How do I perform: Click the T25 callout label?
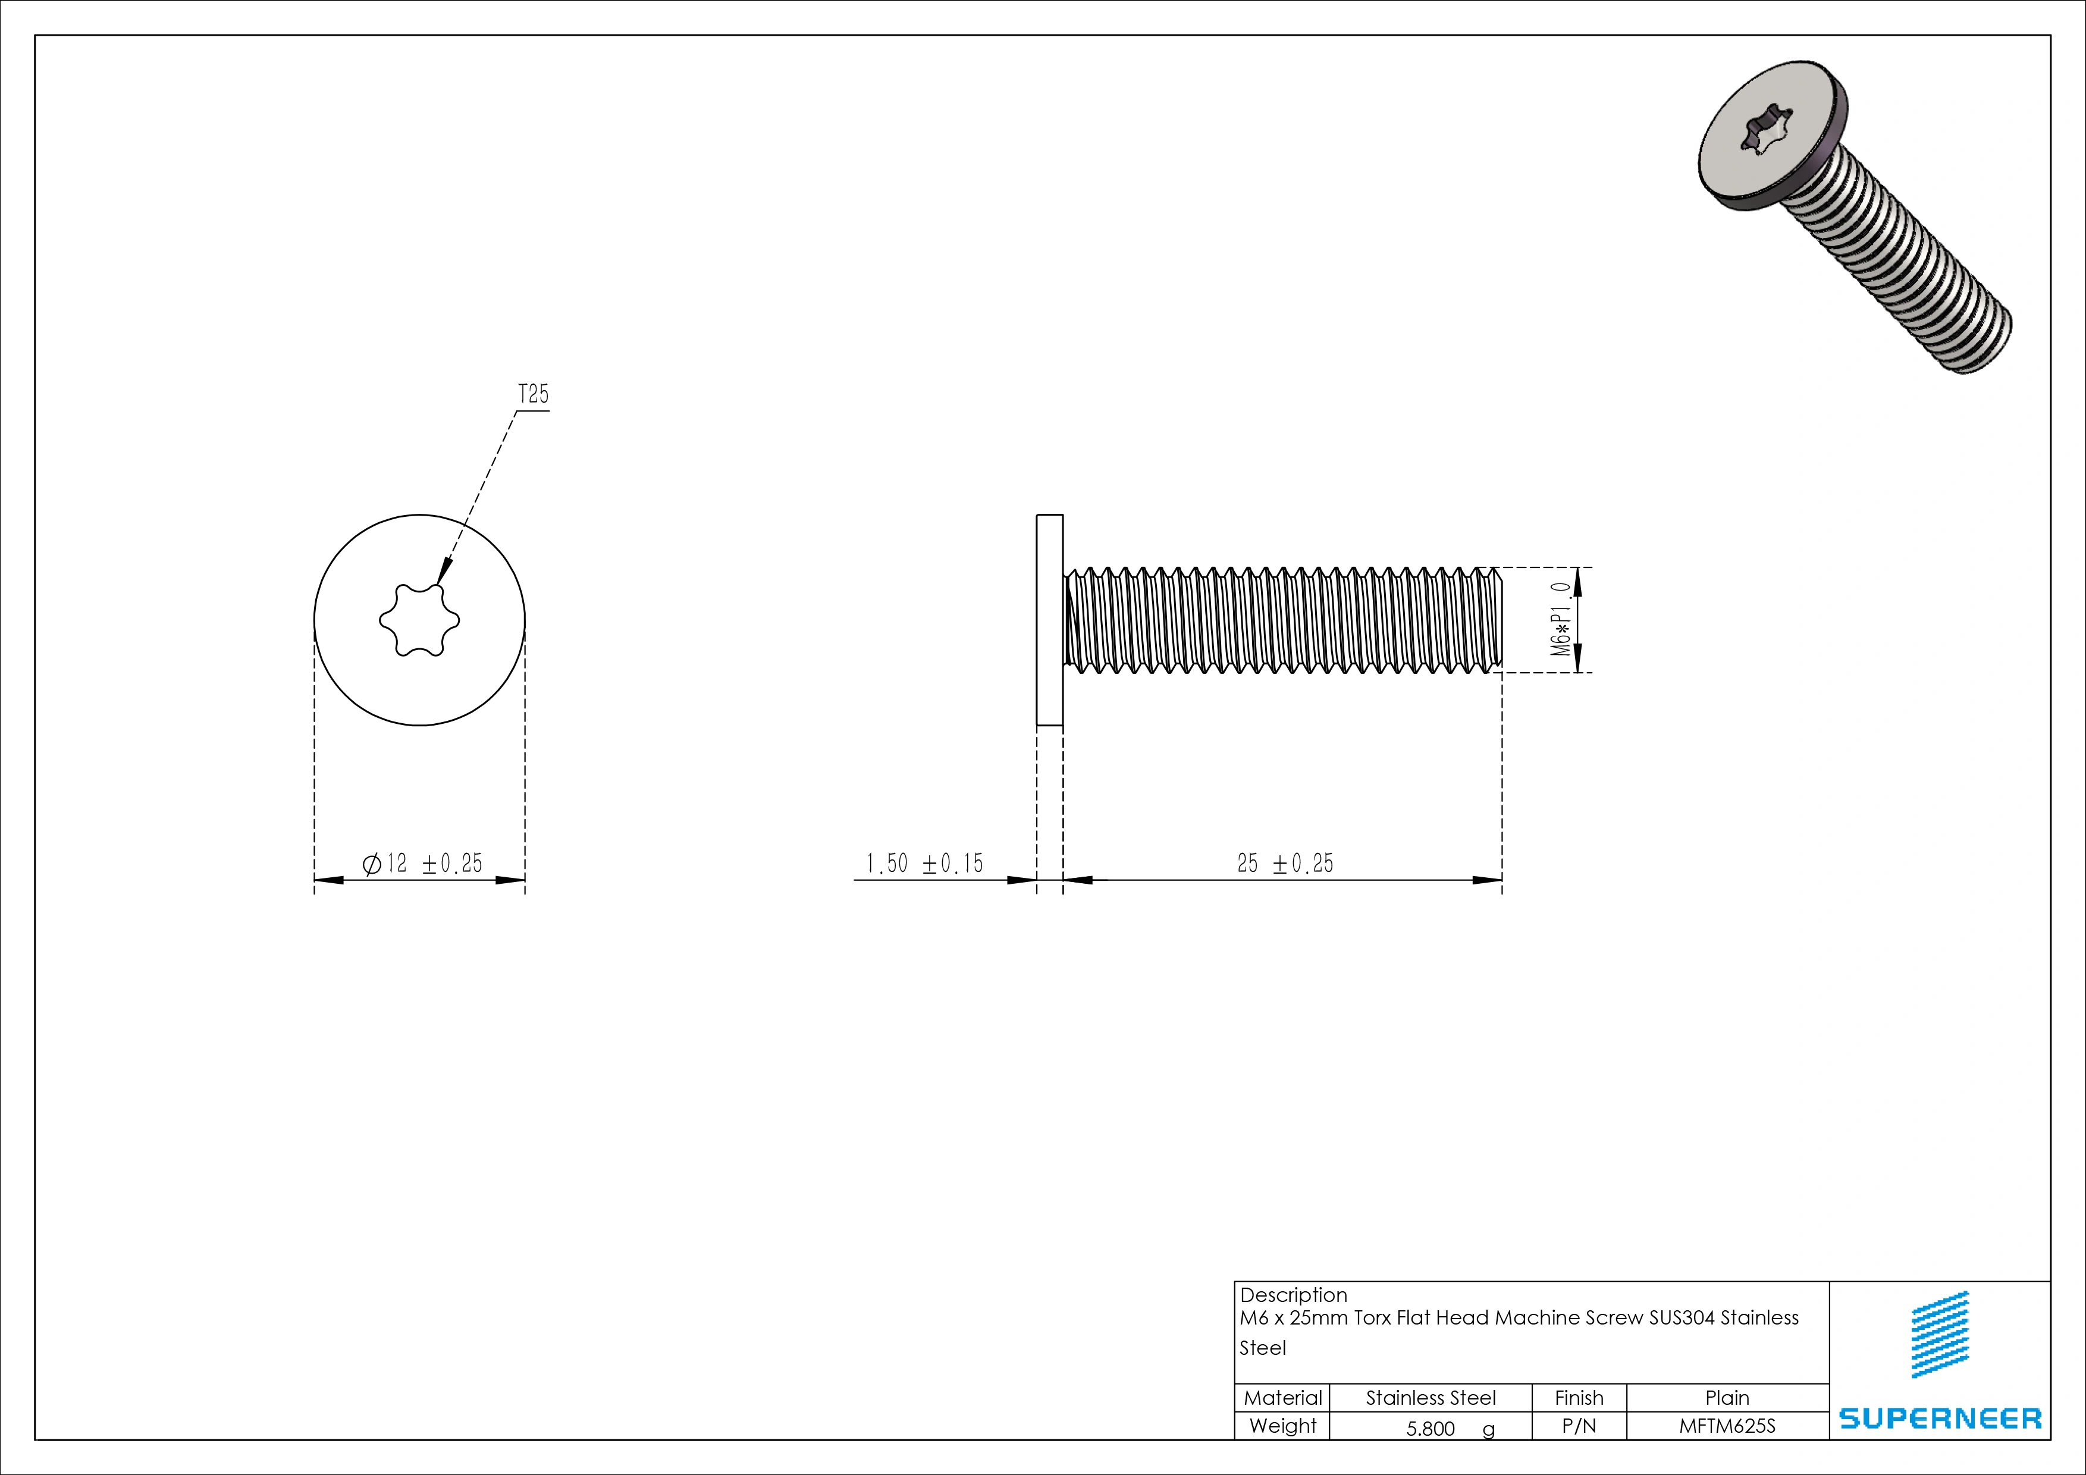(534, 394)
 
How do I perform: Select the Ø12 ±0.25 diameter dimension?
(422, 863)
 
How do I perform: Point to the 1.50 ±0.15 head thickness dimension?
(924, 863)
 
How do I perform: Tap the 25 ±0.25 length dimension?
(1285, 863)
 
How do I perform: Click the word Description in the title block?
(1293, 1295)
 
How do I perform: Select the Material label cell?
(1282, 1398)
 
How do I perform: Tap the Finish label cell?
(1579, 1398)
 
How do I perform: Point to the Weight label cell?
(1282, 1426)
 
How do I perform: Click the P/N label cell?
(1579, 1426)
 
